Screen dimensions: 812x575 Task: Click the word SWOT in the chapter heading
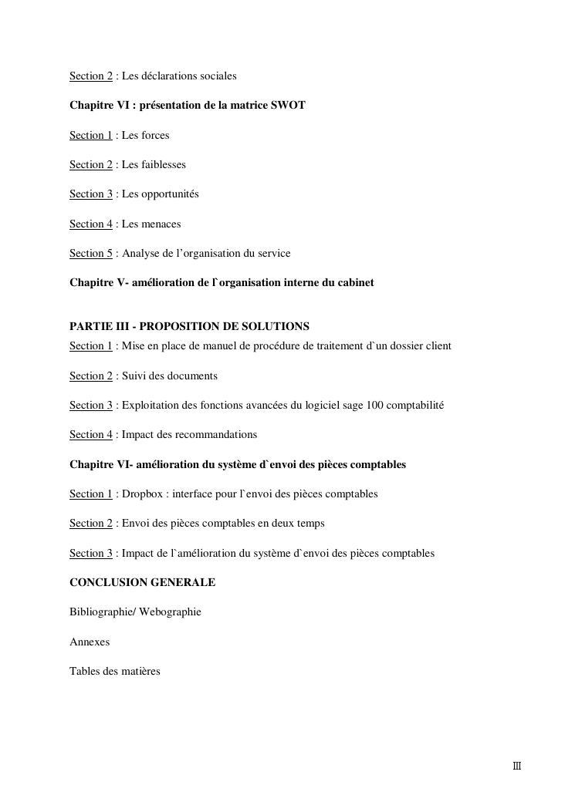point(289,105)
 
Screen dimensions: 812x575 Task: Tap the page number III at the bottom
point(517,767)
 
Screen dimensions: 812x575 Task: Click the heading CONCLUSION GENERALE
point(142,582)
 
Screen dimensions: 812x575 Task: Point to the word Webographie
point(170,612)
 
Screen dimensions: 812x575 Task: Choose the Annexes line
point(90,642)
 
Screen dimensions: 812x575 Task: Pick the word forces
point(155,135)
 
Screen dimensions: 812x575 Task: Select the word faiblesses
point(164,164)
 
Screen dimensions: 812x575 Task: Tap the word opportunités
point(170,194)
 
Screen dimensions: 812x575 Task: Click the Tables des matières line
point(115,671)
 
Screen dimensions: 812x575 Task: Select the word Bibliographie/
point(103,612)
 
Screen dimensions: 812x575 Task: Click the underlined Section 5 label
point(91,253)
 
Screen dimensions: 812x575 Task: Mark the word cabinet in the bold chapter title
point(355,282)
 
